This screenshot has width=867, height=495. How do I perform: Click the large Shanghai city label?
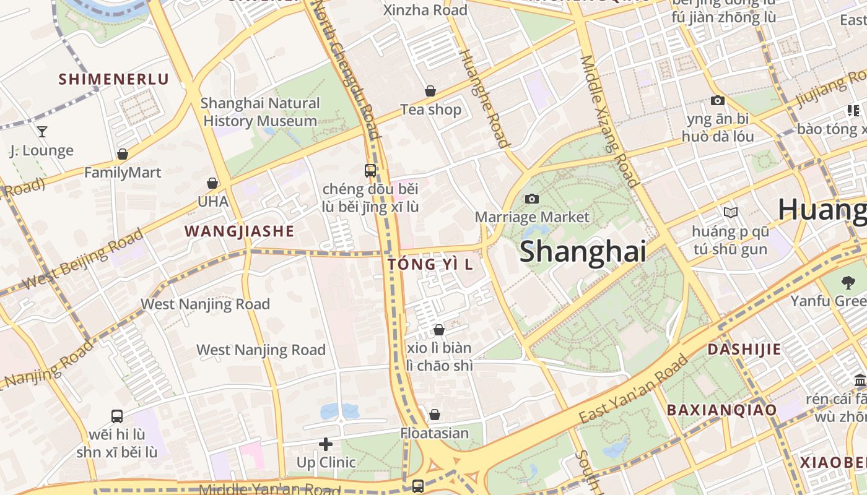583,252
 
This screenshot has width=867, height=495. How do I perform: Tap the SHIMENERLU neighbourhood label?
113,79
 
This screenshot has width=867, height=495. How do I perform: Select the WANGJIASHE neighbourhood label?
239,231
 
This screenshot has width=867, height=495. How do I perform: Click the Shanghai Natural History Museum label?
260,112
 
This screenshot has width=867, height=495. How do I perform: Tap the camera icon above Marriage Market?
531,199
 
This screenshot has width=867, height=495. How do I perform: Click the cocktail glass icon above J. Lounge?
42,131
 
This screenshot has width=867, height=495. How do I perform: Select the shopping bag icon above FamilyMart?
123,154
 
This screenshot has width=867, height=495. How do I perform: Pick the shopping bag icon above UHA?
212,183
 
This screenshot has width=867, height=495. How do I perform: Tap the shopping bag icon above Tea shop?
430,92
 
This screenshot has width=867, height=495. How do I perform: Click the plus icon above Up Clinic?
326,444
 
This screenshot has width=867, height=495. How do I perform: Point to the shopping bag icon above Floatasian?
435,414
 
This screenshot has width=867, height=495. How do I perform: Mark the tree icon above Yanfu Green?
848,283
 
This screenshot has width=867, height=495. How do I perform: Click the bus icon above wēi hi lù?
117,416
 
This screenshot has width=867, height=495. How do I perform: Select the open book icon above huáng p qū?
731,213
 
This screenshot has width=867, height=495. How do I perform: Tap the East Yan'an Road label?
634,389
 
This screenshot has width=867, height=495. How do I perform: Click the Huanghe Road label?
484,98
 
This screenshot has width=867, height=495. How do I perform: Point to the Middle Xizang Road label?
608,121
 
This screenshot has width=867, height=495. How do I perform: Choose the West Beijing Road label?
83,260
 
